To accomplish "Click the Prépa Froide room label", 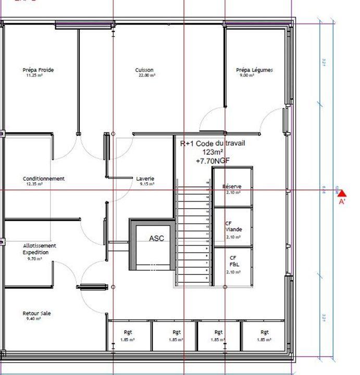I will pos(38,70).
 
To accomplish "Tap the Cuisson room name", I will pos(144,70).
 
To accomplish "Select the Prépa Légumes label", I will pos(254,70).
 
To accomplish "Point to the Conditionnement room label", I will pos(44,179).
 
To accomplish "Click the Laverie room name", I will pos(145,179).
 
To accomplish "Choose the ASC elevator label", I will pos(156,238).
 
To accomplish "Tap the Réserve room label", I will pos(232,186).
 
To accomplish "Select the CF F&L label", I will pos(233,261).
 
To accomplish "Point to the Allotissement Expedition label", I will pos(39,249).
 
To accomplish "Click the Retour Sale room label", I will pos(36,314).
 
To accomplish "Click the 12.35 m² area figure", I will pos(34,184).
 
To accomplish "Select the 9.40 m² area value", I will pos(34,318).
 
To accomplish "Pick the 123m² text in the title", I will pos(213,152).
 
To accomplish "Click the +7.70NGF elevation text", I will pos(213,161).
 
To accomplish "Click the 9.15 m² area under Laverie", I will pos(145,184).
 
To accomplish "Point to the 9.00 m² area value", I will pos(247,76).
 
